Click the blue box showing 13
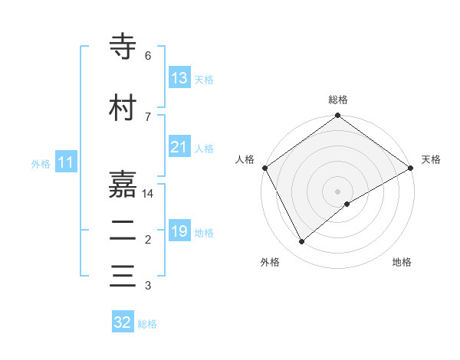[179, 78]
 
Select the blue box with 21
[179, 147]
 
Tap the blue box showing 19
[179, 231]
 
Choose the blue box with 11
[66, 162]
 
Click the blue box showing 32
[123, 322]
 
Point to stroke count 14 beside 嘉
[148, 194]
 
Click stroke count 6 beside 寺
[148, 56]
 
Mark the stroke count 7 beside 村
[148, 116]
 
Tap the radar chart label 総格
[338, 100]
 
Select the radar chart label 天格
[431, 159]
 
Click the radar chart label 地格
[402, 262]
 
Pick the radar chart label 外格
[270, 262]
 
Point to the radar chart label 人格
[245, 159]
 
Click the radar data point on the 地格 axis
[347, 204]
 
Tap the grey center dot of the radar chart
[338, 191]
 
